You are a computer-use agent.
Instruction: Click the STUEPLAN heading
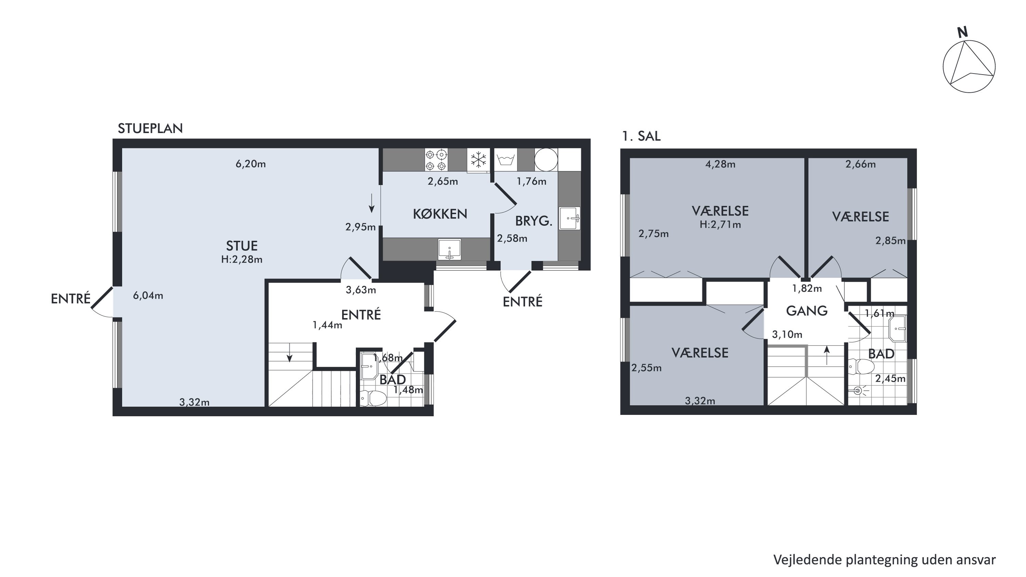[150, 129]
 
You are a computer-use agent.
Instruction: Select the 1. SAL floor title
[641, 136]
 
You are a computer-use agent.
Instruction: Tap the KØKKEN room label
[440, 214]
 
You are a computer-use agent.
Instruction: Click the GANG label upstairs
[806, 311]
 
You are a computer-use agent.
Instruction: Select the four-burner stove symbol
[436, 160]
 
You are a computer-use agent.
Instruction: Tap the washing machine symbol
[505, 160]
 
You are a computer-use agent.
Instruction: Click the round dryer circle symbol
[545, 160]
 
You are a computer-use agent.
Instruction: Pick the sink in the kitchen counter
[449, 249]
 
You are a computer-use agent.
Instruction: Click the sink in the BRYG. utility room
[569, 218]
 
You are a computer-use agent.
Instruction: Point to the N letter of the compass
[963, 32]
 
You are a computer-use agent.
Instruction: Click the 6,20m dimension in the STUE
[251, 164]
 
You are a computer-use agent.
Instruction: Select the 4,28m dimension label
[720, 164]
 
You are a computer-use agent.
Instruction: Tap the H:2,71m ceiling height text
[720, 225]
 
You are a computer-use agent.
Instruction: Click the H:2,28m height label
[242, 260]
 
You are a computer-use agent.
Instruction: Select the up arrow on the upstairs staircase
[827, 355]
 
